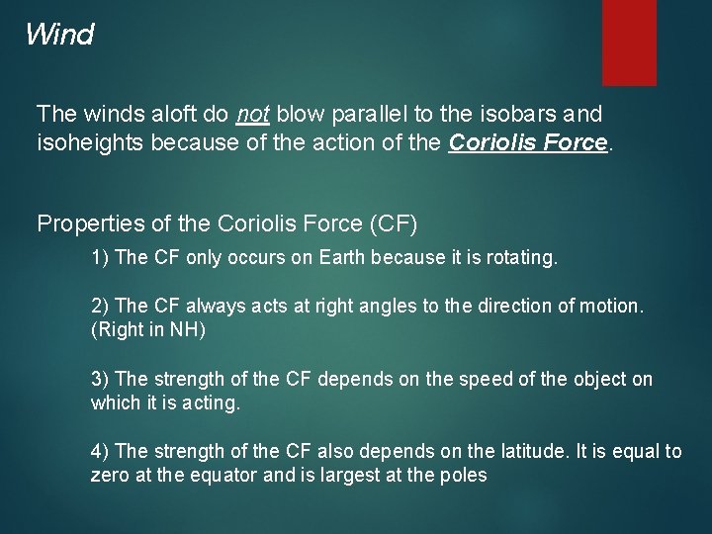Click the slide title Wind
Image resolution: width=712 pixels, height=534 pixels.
[x=59, y=36]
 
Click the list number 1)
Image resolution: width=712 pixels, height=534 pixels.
[x=100, y=258]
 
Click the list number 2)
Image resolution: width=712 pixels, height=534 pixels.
[x=100, y=307]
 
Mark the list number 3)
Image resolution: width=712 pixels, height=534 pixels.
[x=100, y=380]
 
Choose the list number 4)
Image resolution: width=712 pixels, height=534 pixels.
[x=100, y=452]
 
